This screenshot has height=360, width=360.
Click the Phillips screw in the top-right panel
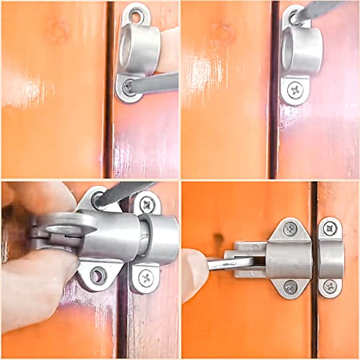click(295, 91)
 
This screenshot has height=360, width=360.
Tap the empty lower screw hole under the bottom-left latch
click(97, 274)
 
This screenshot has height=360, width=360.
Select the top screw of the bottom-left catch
click(145, 203)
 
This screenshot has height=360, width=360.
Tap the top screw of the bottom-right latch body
click(290, 230)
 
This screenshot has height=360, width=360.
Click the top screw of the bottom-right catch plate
click(329, 230)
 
